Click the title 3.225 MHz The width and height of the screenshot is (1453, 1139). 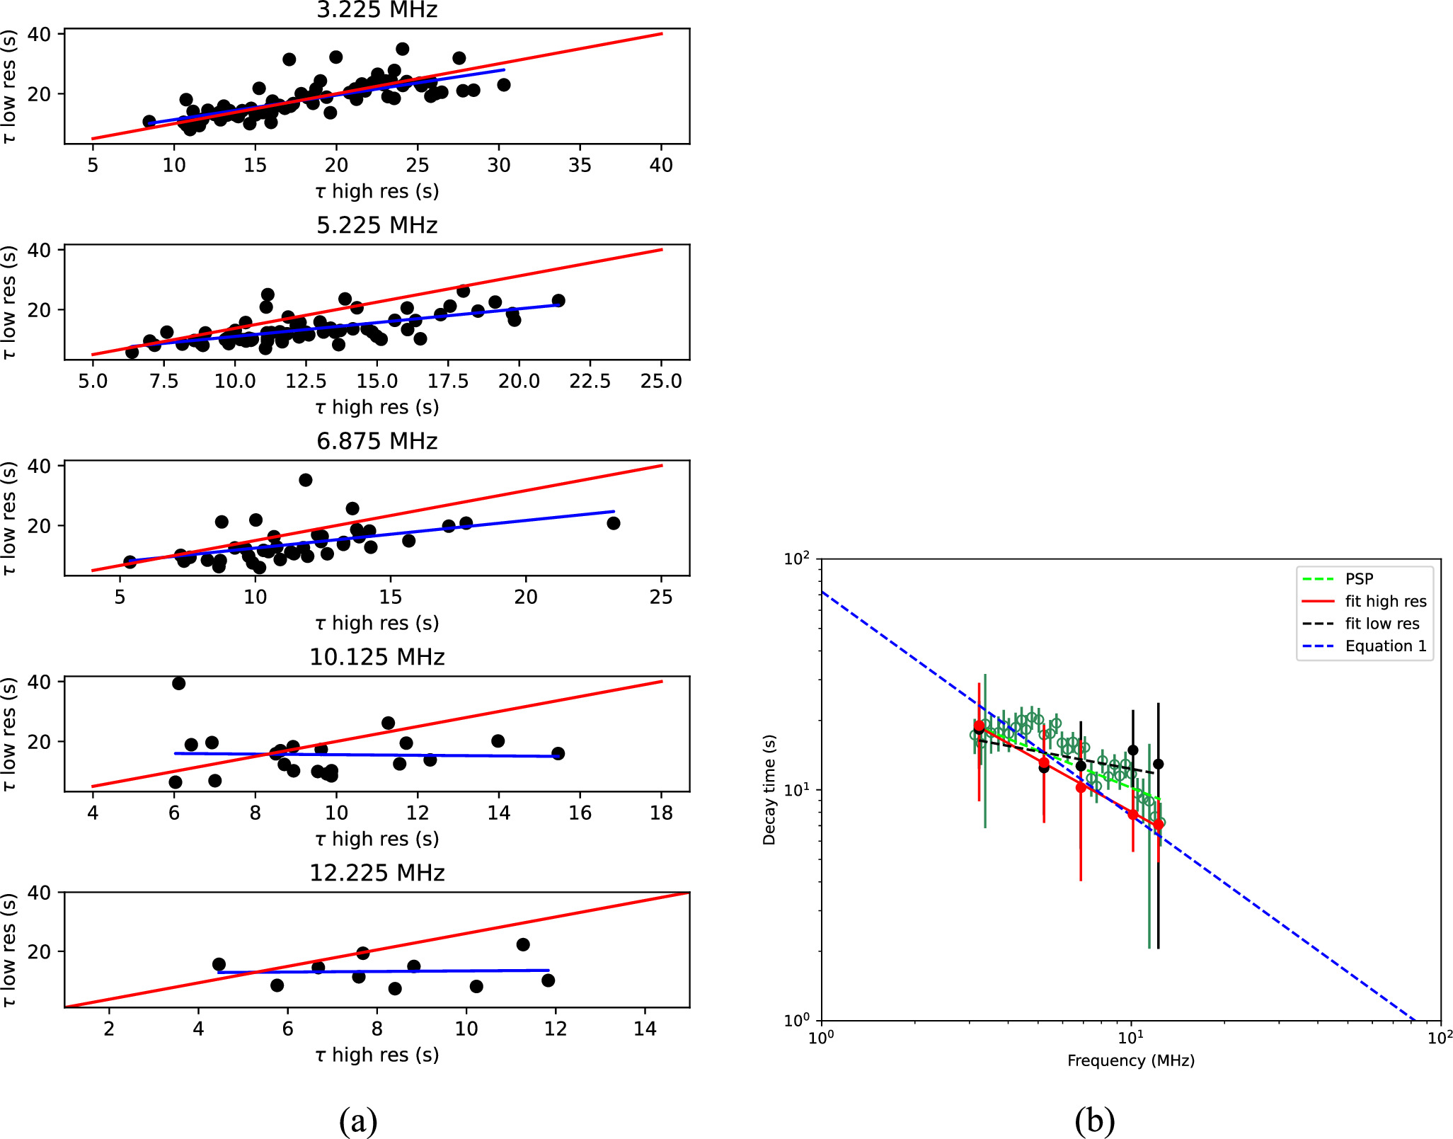pos(377,10)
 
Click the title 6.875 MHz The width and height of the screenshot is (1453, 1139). pos(377,441)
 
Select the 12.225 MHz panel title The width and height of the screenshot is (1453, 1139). pos(377,873)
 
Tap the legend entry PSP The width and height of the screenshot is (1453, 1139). pos(1359,578)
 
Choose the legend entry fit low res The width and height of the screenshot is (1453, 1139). pos(1382,624)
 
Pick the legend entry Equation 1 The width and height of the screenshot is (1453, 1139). pos(1385,646)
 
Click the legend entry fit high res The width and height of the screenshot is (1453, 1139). pos(1385,601)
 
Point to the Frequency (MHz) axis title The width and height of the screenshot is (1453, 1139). pos(1130,1060)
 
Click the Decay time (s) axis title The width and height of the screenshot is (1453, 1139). pos(769,789)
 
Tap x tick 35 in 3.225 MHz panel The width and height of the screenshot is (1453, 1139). pos(580,165)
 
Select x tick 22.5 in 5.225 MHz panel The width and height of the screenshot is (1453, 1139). pos(590,381)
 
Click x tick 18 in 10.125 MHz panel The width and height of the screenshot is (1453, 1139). pos(661,813)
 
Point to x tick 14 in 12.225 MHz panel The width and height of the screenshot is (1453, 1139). pos(645,1029)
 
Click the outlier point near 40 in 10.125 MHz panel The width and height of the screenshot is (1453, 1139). pos(178,683)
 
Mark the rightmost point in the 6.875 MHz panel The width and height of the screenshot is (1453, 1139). pos(614,523)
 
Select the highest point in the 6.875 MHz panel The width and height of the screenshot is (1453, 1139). pos(305,480)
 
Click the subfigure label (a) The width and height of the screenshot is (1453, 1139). pos(358,1120)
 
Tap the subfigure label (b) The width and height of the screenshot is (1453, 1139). pos(1094,1120)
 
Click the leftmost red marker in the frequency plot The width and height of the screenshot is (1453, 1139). pos(979,726)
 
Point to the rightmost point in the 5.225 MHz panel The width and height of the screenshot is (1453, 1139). pos(558,300)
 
